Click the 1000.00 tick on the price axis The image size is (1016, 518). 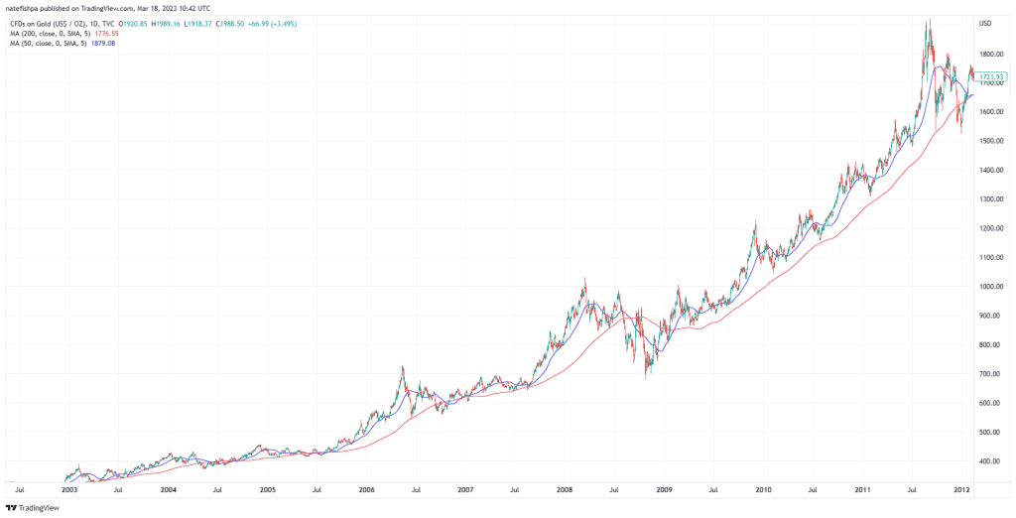pos(991,287)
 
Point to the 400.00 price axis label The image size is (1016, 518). pos(989,461)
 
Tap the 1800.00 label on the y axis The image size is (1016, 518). pos(991,54)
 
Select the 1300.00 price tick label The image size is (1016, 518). pos(991,199)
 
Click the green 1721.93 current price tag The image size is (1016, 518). pos(992,76)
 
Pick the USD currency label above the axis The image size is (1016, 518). pos(985,23)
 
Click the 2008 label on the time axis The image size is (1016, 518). pos(565,489)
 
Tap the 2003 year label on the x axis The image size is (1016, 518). pos(69,489)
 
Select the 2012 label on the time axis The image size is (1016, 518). pos(961,489)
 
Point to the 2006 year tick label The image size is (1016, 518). pos(366,489)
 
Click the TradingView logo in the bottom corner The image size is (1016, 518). pos(33,507)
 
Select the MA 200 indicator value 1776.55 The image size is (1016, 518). pos(104,33)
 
